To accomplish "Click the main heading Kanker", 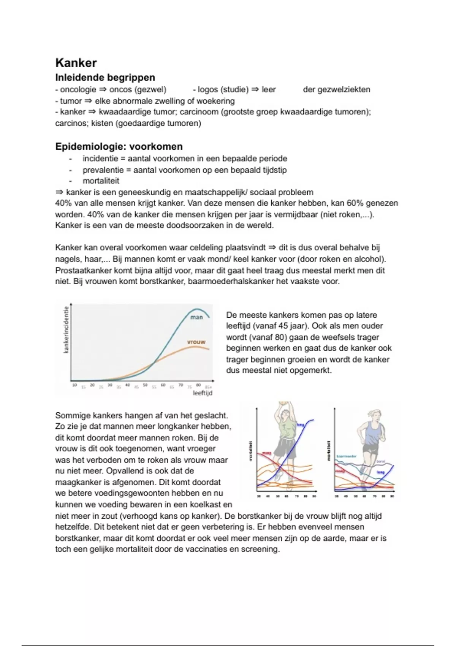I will point(76,63).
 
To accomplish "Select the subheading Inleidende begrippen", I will point(105,78).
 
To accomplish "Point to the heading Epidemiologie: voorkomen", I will point(119,146).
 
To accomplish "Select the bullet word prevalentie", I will point(102,170).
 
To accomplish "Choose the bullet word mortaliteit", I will point(101,181).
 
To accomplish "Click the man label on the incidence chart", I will point(196,317).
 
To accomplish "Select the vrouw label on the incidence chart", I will point(196,342).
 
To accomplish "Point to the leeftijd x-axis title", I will point(202,393).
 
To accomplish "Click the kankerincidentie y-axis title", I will point(66,330).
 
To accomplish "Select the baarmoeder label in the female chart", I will point(346,456).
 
